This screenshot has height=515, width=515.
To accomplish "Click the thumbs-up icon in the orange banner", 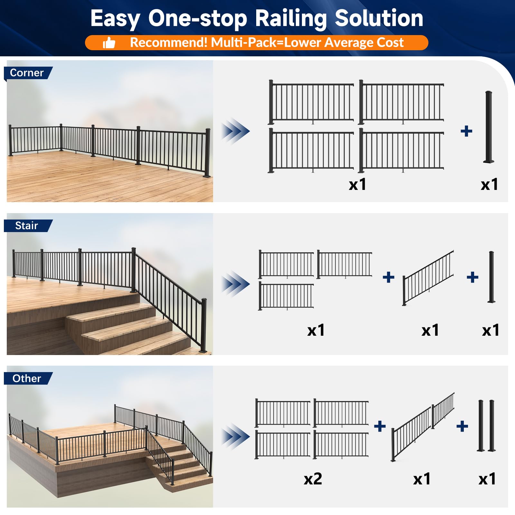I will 109,43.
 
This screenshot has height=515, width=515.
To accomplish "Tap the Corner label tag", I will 27,73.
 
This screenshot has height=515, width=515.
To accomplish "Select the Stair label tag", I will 27,226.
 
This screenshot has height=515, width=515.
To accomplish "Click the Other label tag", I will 27,379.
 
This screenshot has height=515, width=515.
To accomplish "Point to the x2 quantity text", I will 313,479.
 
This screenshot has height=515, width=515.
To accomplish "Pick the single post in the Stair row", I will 492,277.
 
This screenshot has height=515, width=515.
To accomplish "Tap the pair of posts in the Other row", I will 486,426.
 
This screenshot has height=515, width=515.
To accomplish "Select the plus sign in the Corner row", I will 466,131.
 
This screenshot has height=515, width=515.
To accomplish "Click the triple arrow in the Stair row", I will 236,284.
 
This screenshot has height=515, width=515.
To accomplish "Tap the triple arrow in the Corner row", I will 236,131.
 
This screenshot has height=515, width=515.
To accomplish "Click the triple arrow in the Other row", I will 236,437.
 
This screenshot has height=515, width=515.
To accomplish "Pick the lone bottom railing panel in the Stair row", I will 286,296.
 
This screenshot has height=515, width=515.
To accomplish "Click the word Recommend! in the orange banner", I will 169,42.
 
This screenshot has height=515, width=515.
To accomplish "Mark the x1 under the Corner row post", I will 489,185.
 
